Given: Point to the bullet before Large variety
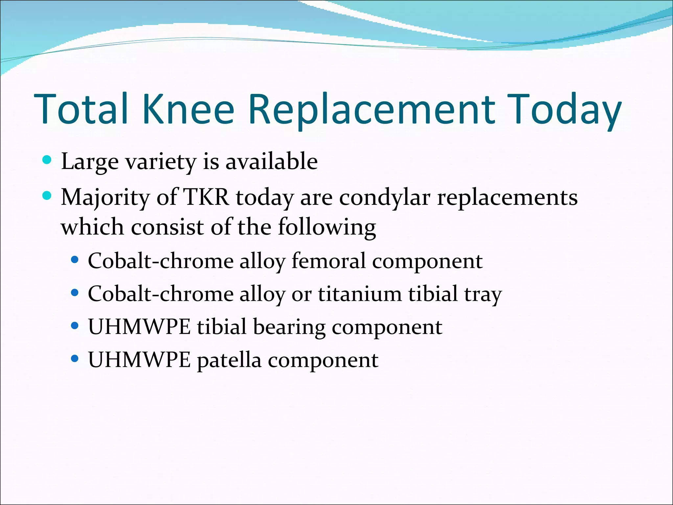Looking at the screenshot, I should [47, 160].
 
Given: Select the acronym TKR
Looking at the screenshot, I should [206, 197].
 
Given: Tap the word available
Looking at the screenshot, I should [271, 161].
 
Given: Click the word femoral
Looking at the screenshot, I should [328, 261].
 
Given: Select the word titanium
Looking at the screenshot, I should [360, 294].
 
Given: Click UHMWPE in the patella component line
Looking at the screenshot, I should [139, 360].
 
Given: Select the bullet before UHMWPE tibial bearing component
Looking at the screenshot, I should [75, 326].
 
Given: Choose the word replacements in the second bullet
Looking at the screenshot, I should [507, 198].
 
